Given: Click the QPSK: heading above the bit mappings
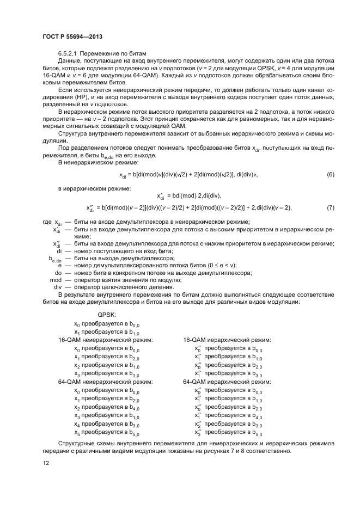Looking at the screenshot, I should (x=106, y=315).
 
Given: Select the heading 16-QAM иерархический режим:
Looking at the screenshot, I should (x=227, y=340).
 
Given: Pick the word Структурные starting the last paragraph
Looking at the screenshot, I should (x=77, y=444).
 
